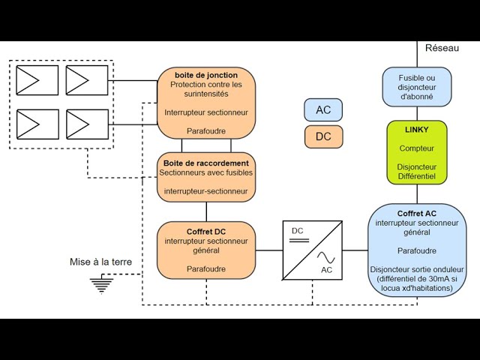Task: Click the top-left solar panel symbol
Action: (37, 80)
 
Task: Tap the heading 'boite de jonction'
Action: (206, 75)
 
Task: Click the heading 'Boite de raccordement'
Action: (206, 163)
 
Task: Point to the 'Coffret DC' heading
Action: (206, 231)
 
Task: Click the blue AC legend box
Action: (323, 110)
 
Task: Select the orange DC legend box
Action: (323, 137)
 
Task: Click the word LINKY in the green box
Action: (417, 130)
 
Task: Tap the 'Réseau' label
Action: (442, 48)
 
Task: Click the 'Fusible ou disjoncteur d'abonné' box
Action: (417, 86)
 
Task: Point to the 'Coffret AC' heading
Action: (417, 214)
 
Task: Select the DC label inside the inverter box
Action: (297, 230)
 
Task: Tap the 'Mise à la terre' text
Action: (100, 262)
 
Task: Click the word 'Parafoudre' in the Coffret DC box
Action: (206, 268)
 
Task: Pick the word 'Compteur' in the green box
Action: (417, 148)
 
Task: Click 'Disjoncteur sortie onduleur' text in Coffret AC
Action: (417, 269)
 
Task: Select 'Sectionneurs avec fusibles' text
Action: (206, 172)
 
